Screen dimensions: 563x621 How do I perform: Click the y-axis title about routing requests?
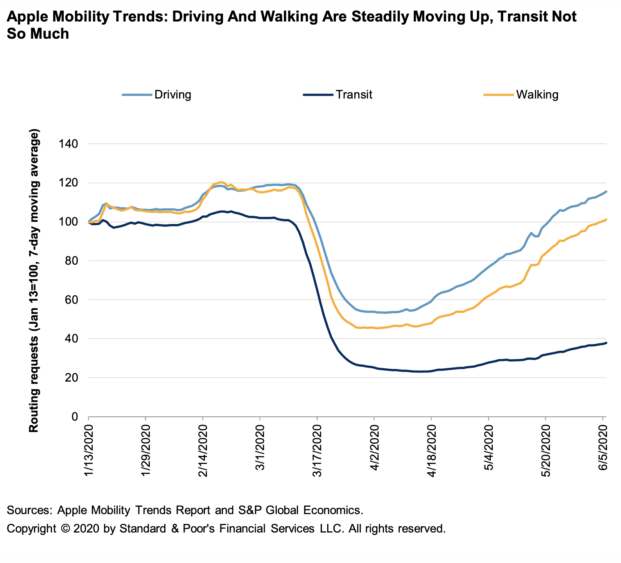point(34,280)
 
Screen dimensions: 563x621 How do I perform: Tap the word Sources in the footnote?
point(29,510)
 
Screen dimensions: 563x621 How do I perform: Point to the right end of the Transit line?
point(606,343)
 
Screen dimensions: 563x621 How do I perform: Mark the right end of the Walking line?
point(606,219)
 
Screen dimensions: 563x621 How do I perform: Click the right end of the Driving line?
point(606,191)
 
